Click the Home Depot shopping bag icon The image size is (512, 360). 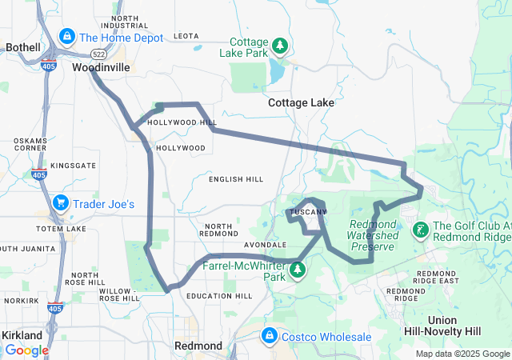(x=68, y=38)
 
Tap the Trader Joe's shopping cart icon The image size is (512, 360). (x=61, y=204)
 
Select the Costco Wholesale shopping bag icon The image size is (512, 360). (x=269, y=335)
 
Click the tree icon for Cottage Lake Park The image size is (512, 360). (x=279, y=46)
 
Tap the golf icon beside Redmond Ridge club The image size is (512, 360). (x=418, y=231)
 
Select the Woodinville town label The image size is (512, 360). (x=100, y=68)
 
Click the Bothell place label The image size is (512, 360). (x=22, y=47)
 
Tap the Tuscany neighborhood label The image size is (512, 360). (x=307, y=212)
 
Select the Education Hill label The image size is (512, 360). (x=219, y=296)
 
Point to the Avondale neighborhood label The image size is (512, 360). (x=264, y=245)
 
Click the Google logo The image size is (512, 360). (x=26, y=350)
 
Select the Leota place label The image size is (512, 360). (x=186, y=36)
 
